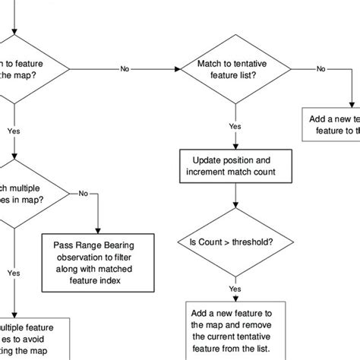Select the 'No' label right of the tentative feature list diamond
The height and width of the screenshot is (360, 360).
point(321,69)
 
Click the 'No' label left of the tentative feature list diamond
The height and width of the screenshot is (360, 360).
point(125,69)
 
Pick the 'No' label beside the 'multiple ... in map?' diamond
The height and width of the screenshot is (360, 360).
point(82,193)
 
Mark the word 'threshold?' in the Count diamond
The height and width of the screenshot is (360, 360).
point(256,242)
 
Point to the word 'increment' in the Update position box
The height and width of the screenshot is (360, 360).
point(215,173)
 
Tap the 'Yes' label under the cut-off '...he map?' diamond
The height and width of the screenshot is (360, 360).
point(13,130)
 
